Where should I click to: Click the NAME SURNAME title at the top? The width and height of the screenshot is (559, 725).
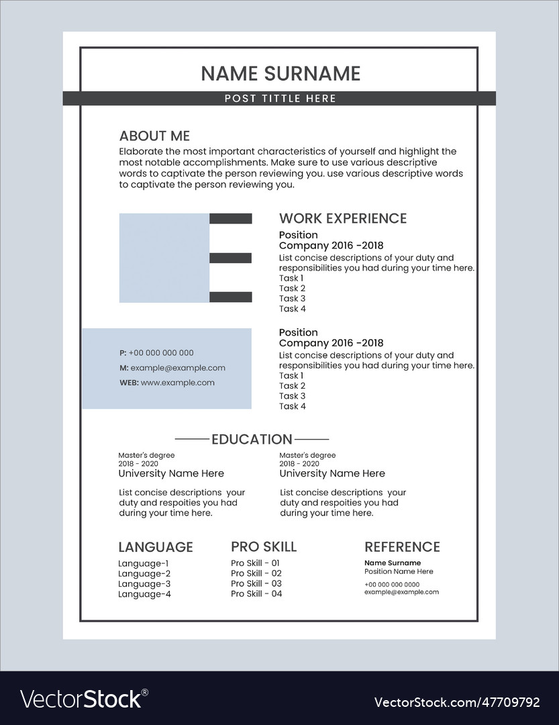(281, 73)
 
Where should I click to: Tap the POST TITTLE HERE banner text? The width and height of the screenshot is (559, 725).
(281, 99)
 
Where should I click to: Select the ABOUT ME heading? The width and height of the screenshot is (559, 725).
(154, 136)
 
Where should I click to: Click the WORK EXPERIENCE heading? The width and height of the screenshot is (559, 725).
(343, 218)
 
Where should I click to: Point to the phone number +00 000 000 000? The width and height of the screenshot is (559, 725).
(161, 353)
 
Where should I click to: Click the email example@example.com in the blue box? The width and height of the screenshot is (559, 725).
(178, 368)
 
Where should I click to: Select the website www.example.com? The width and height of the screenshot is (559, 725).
(178, 383)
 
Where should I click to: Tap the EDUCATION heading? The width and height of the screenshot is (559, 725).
(252, 440)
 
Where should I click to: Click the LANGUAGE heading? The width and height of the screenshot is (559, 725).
(156, 547)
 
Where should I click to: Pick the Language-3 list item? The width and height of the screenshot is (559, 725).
(144, 584)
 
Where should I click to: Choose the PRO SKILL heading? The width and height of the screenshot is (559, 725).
(264, 547)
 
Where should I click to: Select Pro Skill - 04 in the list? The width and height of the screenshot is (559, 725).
(256, 594)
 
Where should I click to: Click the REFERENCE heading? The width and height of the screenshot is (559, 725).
(402, 547)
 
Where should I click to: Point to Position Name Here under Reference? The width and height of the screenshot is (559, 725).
(399, 572)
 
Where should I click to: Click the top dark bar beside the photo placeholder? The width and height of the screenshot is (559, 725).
(231, 218)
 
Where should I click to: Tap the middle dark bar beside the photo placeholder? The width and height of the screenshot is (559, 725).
(231, 258)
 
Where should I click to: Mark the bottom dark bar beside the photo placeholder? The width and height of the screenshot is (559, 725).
(231, 297)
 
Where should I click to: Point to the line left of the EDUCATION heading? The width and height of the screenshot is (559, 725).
(191, 440)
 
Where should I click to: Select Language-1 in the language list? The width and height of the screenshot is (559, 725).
(144, 564)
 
